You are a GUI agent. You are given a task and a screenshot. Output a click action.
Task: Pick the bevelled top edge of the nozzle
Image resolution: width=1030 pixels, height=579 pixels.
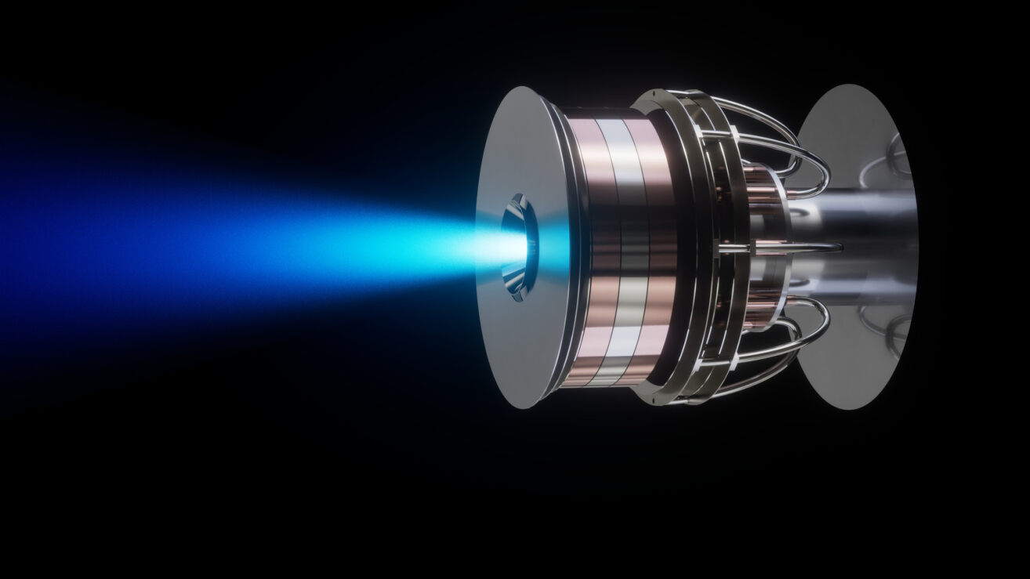[x=517, y=203]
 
